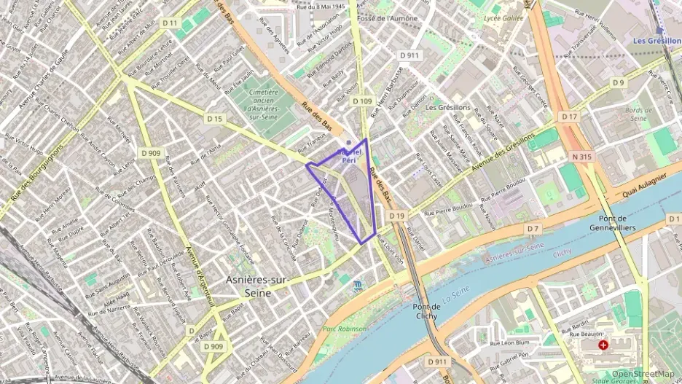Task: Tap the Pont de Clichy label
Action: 426,311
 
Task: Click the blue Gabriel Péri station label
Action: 350,157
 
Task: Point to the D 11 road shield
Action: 170,23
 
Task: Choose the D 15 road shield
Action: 213,118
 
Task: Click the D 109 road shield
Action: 362,101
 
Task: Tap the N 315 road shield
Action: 581,156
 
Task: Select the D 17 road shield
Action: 569,117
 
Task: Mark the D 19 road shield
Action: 396,216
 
